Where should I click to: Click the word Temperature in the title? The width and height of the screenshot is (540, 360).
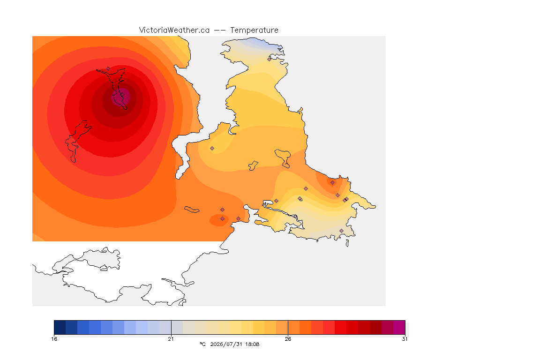(254, 30)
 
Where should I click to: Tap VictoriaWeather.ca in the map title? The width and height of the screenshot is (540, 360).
(174, 30)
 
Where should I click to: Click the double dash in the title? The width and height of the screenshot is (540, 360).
(220, 30)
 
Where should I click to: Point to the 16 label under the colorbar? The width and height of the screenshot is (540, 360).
(54, 339)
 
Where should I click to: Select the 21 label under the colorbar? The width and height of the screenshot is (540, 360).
(171, 339)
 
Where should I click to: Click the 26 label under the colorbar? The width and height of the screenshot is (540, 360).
(288, 339)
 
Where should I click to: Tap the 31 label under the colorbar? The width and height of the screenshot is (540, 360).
(405, 339)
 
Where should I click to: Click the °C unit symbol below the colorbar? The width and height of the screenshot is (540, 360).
(202, 344)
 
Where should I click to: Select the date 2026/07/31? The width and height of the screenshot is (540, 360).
(225, 344)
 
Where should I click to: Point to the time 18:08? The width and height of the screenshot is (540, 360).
(252, 344)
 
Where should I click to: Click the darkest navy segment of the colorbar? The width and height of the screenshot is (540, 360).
(60, 327)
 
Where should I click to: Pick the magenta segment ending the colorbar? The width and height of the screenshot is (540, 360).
(399, 327)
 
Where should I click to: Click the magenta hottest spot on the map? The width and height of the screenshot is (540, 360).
(121, 97)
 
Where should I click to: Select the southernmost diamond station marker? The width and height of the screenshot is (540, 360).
(341, 231)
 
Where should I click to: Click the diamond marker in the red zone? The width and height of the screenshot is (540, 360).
(108, 68)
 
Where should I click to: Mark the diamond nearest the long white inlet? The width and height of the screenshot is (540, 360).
(212, 149)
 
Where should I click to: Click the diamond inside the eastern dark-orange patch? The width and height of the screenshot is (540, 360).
(332, 183)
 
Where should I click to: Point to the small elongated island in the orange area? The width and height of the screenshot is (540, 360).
(192, 210)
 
